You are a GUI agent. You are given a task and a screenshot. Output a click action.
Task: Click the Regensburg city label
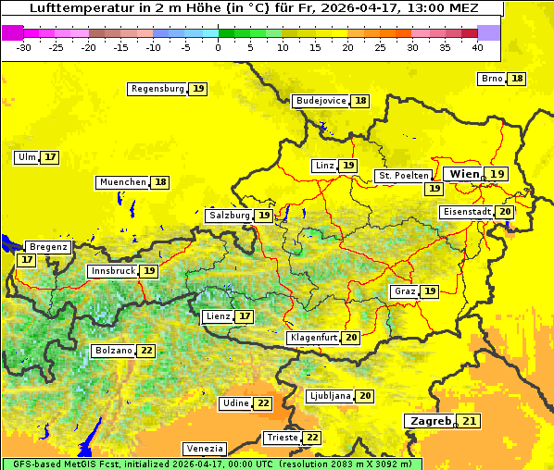point(157,89)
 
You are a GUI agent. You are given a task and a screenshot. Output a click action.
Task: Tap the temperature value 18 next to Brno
point(517,79)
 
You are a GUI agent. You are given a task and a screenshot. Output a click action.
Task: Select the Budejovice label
point(321,101)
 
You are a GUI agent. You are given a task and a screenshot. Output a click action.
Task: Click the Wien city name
point(465,174)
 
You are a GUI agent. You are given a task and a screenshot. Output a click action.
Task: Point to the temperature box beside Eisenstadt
point(505,212)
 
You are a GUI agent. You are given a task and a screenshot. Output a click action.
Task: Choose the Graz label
point(405,291)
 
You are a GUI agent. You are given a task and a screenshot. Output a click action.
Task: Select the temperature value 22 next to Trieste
point(313,438)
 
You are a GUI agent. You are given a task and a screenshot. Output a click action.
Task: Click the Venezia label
point(204,449)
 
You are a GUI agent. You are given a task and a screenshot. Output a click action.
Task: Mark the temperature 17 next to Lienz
point(245,316)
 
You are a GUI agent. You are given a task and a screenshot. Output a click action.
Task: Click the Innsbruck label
point(112,271)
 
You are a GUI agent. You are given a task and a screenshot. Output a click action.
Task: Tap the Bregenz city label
point(48,247)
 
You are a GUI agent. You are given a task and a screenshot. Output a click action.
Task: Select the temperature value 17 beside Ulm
point(50,157)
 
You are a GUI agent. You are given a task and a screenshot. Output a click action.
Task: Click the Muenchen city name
point(122,182)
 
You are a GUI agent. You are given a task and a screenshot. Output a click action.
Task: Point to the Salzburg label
point(229,216)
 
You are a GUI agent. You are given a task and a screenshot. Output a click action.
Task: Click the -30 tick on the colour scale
point(24,47)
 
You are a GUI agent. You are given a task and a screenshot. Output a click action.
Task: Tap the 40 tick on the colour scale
point(477,47)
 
